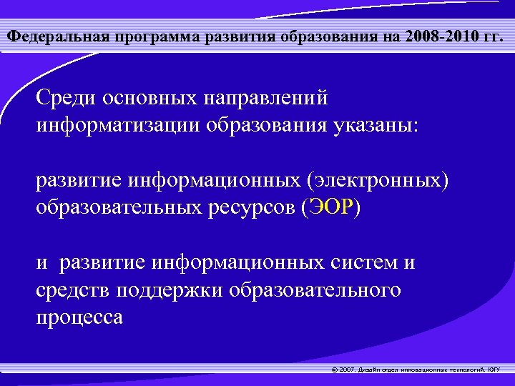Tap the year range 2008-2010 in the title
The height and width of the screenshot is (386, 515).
pos(438,36)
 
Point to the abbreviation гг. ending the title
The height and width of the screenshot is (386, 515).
pos(494,36)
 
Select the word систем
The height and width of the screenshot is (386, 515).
pos(364,263)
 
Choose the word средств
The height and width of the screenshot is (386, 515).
pos(75,290)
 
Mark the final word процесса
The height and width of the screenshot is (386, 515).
pos(79,317)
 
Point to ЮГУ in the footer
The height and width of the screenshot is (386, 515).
pos(495,370)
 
